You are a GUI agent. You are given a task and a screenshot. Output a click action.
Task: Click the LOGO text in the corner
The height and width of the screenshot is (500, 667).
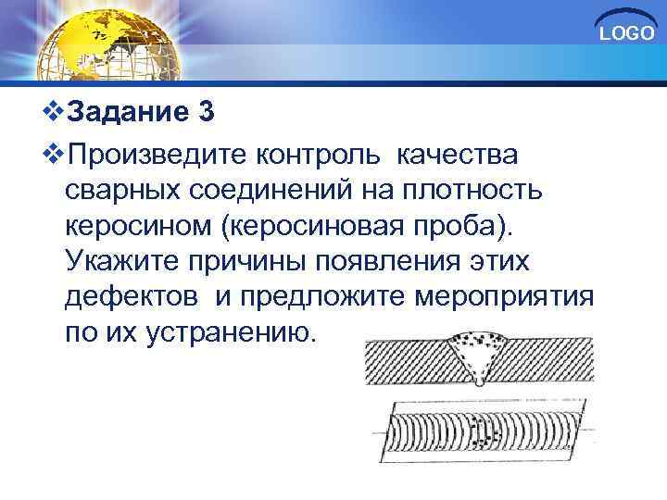pos(626,35)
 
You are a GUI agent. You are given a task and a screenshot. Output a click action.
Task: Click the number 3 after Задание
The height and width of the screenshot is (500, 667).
pos(206,114)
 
